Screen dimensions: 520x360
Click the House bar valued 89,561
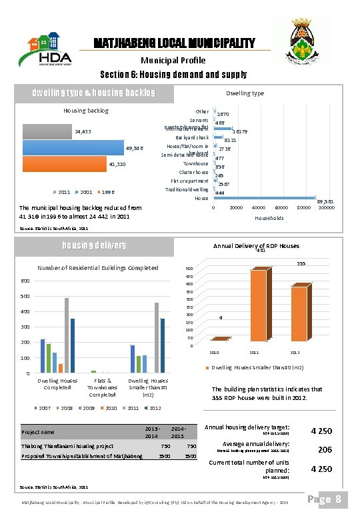[x=264, y=198]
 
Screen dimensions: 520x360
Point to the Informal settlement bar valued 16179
[x=223, y=129]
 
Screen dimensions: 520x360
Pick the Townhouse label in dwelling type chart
[x=196, y=163]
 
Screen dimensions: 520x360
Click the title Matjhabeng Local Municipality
[x=173, y=43]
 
